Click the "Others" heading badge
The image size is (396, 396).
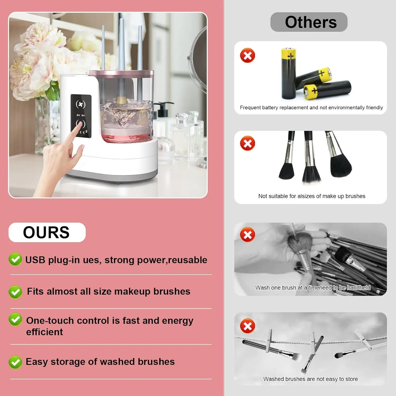(309, 22)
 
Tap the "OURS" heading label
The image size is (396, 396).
(47, 232)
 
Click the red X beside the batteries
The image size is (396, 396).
(247, 55)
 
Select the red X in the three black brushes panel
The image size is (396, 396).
(247, 143)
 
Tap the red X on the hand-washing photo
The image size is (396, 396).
(247, 234)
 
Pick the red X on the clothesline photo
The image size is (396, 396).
(247, 326)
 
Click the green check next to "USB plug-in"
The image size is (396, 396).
(15, 260)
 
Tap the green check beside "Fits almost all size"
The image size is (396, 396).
(15, 292)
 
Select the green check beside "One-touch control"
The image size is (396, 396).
(15, 320)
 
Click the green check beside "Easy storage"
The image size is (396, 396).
(15, 362)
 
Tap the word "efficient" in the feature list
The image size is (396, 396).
(44, 332)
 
